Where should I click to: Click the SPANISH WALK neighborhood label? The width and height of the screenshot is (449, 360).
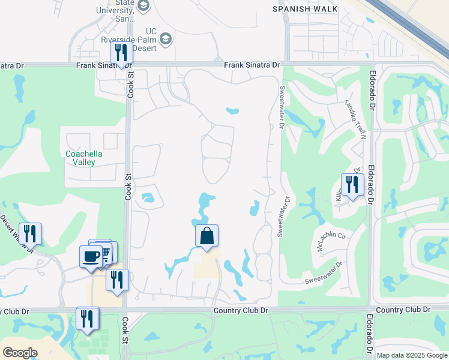(x=305, y=9)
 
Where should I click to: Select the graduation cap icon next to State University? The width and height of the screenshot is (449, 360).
(x=143, y=6)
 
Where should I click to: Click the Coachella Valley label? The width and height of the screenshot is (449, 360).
(x=83, y=158)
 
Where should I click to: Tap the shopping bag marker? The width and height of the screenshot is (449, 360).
(x=206, y=236)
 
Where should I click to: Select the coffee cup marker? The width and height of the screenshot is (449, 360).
(x=91, y=256)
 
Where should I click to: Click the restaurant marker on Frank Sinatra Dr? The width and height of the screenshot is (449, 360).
(x=121, y=53)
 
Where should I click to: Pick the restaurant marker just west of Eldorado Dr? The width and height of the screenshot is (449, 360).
(x=352, y=184)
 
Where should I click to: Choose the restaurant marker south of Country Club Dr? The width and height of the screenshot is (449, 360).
(x=88, y=319)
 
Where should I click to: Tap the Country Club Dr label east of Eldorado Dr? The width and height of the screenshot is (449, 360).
(x=405, y=309)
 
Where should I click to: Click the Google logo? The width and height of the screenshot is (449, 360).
(x=20, y=353)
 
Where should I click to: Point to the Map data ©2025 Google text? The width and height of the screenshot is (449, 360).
(x=411, y=355)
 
